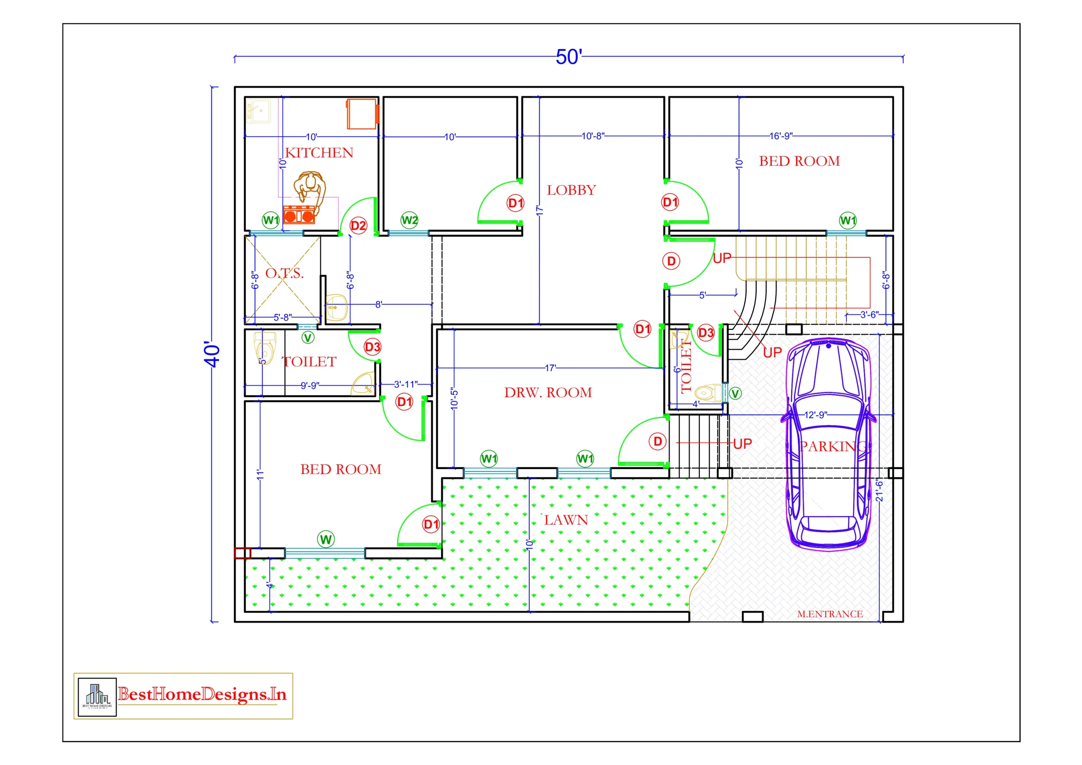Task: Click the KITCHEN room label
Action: (319, 153)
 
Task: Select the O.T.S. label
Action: (284, 273)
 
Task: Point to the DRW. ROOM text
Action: (548, 392)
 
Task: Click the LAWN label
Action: (566, 520)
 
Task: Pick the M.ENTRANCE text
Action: (829, 614)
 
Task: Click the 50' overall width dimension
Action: (569, 57)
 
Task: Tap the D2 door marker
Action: (358, 225)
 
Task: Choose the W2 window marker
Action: (409, 220)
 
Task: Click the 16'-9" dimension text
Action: (781, 136)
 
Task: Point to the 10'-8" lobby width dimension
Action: (593, 136)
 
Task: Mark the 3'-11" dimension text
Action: (405, 384)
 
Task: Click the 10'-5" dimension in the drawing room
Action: (454, 398)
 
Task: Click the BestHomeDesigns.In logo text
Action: (202, 694)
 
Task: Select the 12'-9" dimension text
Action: (815, 414)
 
